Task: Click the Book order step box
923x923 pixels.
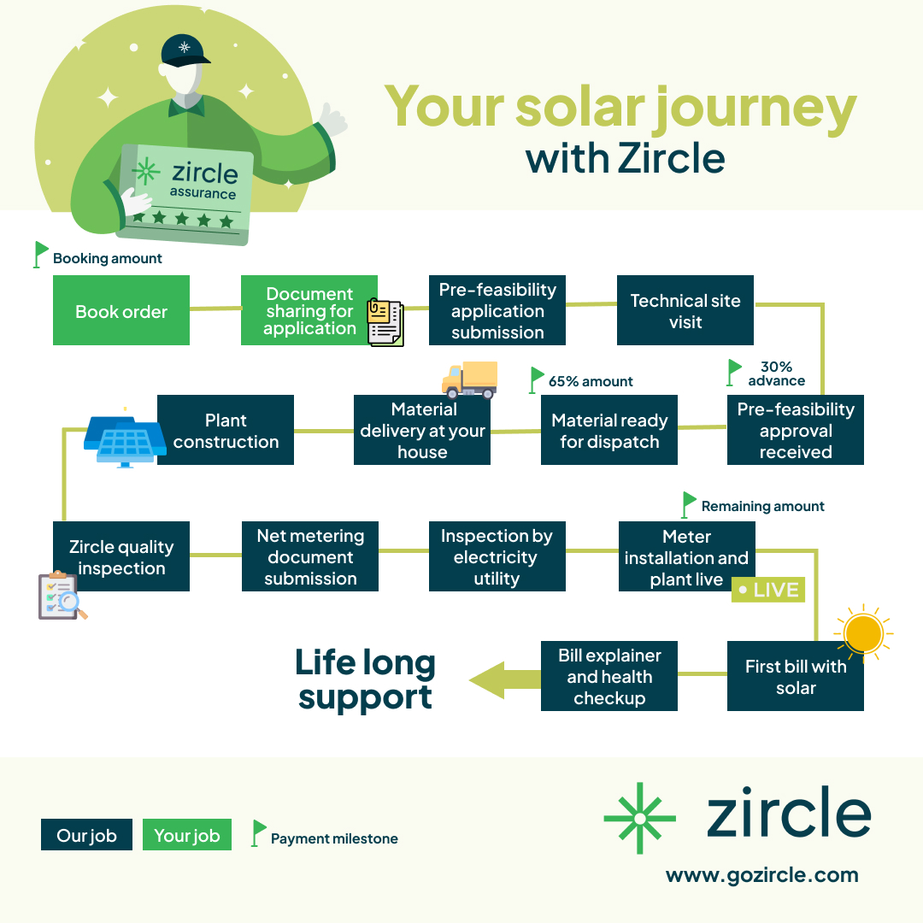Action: click(121, 310)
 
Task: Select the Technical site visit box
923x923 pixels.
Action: click(685, 310)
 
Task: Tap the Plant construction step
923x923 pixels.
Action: click(226, 430)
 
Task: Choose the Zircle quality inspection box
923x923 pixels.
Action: click(121, 556)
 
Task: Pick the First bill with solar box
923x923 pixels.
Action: click(795, 677)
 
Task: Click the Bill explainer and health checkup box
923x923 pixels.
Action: click(609, 676)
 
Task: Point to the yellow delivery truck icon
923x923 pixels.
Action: click(469, 379)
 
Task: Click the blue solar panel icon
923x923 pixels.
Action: click(124, 439)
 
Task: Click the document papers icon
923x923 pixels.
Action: click(385, 322)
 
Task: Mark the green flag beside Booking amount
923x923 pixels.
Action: click(40, 254)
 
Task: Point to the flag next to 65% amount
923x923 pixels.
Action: click(537, 379)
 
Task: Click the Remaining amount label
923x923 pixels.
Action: click(762, 506)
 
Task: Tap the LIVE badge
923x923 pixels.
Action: click(768, 590)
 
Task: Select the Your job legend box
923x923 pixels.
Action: click(187, 835)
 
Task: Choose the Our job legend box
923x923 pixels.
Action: click(86, 835)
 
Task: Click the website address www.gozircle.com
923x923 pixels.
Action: click(761, 875)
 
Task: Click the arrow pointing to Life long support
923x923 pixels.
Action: click(504, 679)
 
